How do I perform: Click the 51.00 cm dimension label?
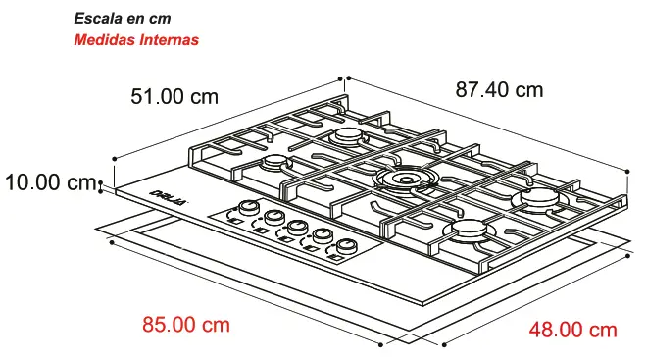(x=174, y=96)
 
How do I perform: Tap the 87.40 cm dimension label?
(x=499, y=89)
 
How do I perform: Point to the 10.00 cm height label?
(x=48, y=181)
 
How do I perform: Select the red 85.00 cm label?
(x=185, y=324)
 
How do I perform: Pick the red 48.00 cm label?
(x=572, y=329)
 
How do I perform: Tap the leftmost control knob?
(x=249, y=208)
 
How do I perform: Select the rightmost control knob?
(x=345, y=245)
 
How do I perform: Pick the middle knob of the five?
(x=297, y=227)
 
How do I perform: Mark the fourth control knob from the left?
(x=322, y=236)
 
